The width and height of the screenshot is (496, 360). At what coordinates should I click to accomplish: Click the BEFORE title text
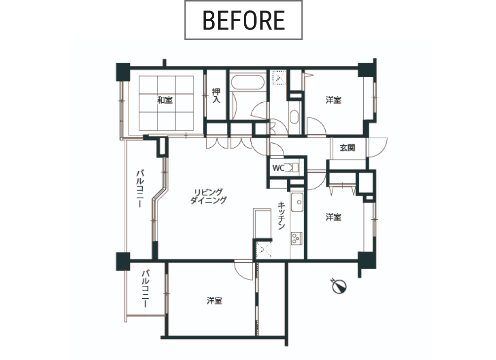point(244,20)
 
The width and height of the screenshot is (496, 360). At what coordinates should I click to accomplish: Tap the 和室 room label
point(165,100)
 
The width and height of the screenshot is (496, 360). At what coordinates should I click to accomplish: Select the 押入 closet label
point(216,95)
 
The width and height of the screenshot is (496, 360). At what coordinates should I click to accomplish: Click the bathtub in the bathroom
point(248,82)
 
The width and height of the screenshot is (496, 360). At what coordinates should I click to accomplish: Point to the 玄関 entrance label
point(347,148)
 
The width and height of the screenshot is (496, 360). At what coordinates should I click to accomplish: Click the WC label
point(278,168)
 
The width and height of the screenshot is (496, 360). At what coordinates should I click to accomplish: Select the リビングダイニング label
point(208,196)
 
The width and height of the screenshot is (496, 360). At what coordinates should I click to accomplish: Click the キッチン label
point(281,216)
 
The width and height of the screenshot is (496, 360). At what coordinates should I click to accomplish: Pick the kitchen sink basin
point(297,202)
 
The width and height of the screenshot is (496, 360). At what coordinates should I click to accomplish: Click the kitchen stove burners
point(297,238)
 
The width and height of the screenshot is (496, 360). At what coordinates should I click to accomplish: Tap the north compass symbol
point(339,286)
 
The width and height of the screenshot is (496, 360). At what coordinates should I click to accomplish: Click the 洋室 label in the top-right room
point(334,100)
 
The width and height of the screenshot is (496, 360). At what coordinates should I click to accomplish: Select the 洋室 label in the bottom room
point(214,300)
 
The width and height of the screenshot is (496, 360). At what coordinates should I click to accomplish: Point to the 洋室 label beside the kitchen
point(334,217)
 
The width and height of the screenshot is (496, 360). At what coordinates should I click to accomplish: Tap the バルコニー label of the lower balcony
point(146,288)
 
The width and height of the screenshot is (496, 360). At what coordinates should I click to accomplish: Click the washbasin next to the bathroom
point(294,117)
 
